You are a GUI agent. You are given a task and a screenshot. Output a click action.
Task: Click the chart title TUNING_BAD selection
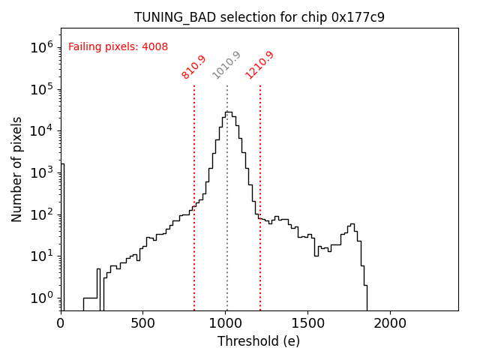[259, 16]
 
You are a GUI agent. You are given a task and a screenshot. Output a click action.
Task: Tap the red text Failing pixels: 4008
[118, 46]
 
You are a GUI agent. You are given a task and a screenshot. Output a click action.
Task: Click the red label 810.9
[193, 67]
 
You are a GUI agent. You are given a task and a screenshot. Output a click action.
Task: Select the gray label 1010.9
[226, 65]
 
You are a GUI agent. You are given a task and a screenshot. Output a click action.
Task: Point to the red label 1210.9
[259, 65]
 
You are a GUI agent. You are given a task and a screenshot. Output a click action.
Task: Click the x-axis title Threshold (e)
[259, 341]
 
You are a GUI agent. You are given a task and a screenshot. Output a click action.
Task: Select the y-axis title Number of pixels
[17, 169]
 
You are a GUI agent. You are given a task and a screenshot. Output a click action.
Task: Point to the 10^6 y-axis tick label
[42, 47]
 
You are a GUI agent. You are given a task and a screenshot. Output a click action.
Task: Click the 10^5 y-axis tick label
[42, 89]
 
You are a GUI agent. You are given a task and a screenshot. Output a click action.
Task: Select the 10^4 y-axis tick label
[42, 130]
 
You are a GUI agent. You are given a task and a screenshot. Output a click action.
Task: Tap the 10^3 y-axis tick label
[42, 172]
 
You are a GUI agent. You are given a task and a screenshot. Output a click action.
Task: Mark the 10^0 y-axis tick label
[42, 298]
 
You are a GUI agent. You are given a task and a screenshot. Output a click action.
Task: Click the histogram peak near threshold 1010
[227, 112]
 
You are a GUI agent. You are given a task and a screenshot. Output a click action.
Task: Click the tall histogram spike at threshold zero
[62, 164]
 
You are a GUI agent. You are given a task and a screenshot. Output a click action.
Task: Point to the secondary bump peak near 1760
[351, 224]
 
